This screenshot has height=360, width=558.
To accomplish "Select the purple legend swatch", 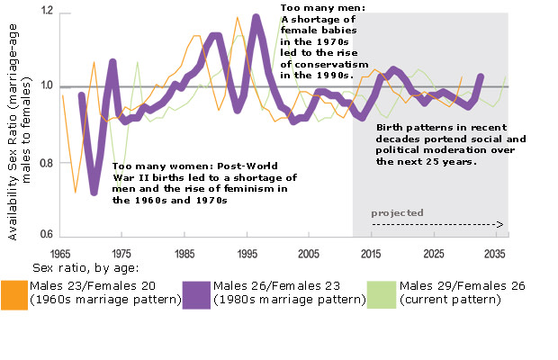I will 196,293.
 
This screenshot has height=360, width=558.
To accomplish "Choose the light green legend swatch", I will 382,293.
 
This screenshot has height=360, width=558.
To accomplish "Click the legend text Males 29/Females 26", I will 459,286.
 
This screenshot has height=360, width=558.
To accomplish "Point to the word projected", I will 397,212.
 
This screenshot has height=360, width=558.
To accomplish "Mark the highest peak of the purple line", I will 256,17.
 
